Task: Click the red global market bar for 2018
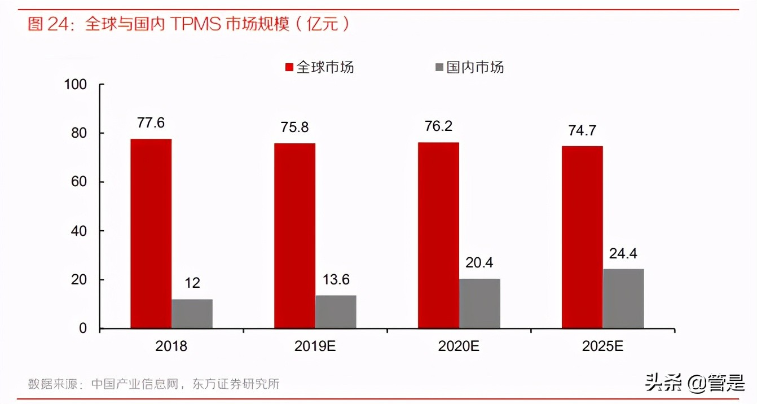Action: [x=151, y=234]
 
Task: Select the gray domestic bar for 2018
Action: [x=192, y=314]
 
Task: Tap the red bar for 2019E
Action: [x=294, y=236]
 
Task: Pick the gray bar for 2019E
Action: [x=336, y=311]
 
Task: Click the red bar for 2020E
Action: [x=438, y=235]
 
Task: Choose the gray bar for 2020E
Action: [x=479, y=304]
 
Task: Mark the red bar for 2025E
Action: [x=582, y=237]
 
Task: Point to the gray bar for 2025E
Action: [x=623, y=298]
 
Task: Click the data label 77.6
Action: [x=151, y=123]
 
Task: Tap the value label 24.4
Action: [x=623, y=254]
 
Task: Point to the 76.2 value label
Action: [x=438, y=126]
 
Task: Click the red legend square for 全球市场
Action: [x=289, y=68]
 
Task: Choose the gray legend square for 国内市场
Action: [x=439, y=68]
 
